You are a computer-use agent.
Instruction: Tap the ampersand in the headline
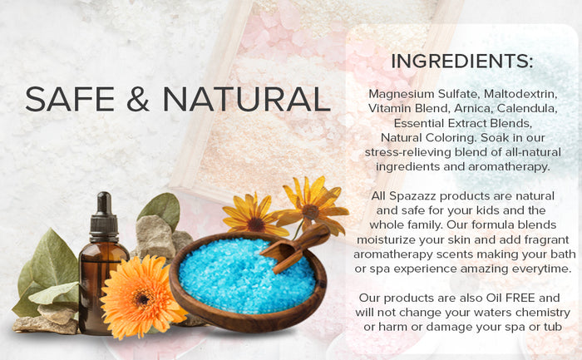[x=138, y=99]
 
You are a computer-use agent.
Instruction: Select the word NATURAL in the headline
[x=246, y=99]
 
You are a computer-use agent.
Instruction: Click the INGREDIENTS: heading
[x=462, y=61]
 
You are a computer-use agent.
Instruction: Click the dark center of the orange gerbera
[x=142, y=298]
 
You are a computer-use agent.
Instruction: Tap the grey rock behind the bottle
[x=154, y=238]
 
